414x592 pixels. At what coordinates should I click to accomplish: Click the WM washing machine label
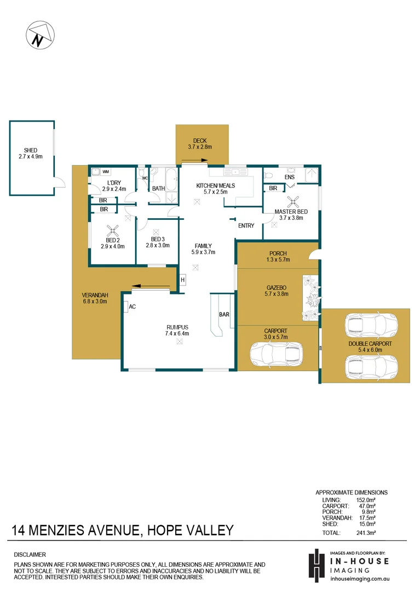[106, 172]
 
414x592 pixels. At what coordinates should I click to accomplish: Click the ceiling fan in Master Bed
[295, 200]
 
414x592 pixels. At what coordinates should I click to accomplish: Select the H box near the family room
[183, 280]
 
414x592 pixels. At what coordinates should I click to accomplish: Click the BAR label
[224, 315]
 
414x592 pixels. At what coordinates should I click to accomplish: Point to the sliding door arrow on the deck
[194, 161]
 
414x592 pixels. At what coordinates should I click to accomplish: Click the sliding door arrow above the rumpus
[143, 285]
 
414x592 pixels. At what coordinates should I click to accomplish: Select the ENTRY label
[246, 226]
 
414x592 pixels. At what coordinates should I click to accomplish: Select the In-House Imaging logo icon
[315, 565]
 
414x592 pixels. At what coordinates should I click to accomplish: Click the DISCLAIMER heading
[30, 555]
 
